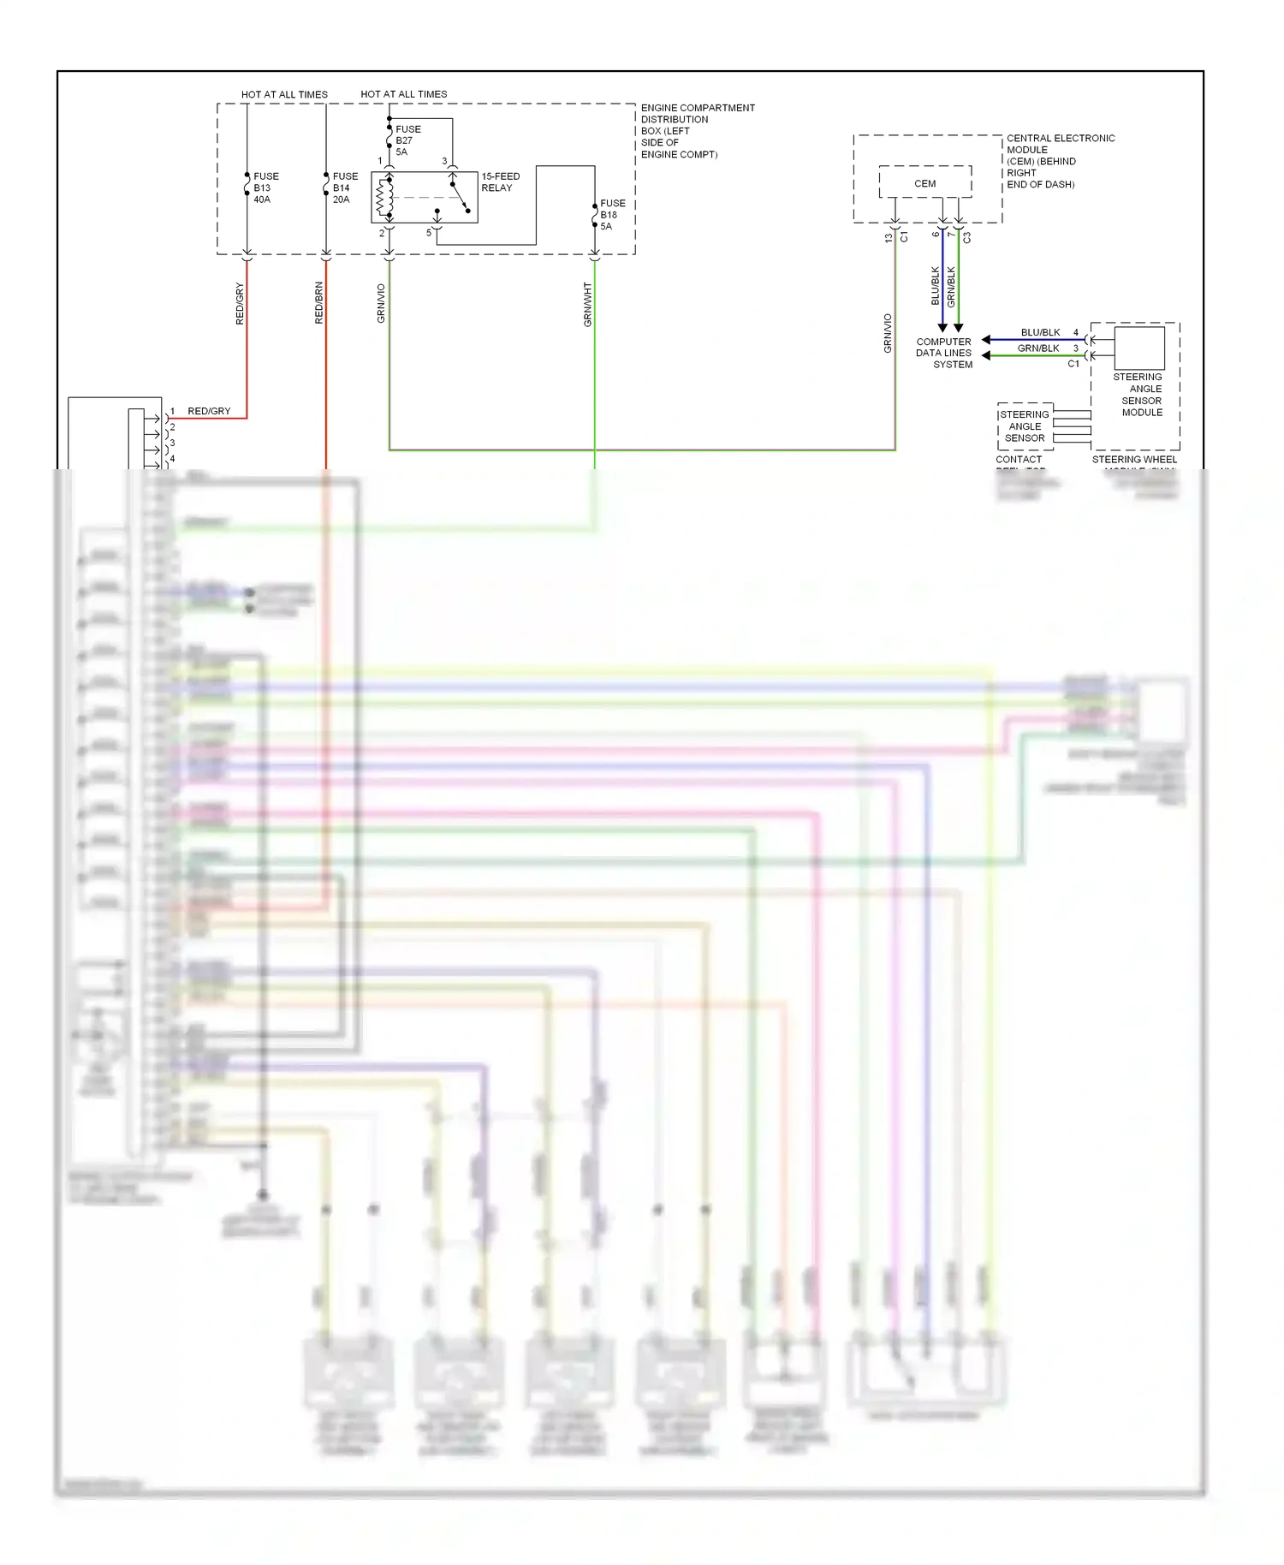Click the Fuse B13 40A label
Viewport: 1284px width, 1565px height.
pyautogui.click(x=265, y=187)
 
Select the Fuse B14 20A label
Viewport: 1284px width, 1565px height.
pyautogui.click(x=344, y=187)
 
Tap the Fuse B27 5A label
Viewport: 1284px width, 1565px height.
pyautogui.click(x=407, y=140)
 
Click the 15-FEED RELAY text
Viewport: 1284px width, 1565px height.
pyautogui.click(x=500, y=182)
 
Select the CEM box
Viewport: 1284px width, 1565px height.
pyautogui.click(x=924, y=183)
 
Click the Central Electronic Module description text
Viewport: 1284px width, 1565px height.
pyautogui.click(x=1059, y=161)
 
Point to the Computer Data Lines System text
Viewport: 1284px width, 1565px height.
pyautogui.click(x=943, y=353)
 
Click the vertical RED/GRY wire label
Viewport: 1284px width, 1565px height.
pyautogui.click(x=240, y=303)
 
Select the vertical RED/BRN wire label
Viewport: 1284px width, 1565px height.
pyautogui.click(x=318, y=303)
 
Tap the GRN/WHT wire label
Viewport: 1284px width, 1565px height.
pyautogui.click(x=587, y=304)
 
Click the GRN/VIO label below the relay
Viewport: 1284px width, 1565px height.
pyautogui.click(x=381, y=303)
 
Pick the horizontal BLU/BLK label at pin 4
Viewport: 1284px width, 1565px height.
pyautogui.click(x=1040, y=332)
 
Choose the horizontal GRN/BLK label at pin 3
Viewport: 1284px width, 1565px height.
pyautogui.click(x=1038, y=348)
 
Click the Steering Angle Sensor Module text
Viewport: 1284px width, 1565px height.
pyautogui.click(x=1140, y=395)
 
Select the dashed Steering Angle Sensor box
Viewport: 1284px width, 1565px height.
pyautogui.click(x=1025, y=426)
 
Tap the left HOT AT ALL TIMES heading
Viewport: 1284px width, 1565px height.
pyautogui.click(x=284, y=94)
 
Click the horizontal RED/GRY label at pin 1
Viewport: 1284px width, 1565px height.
pyautogui.click(x=209, y=411)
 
